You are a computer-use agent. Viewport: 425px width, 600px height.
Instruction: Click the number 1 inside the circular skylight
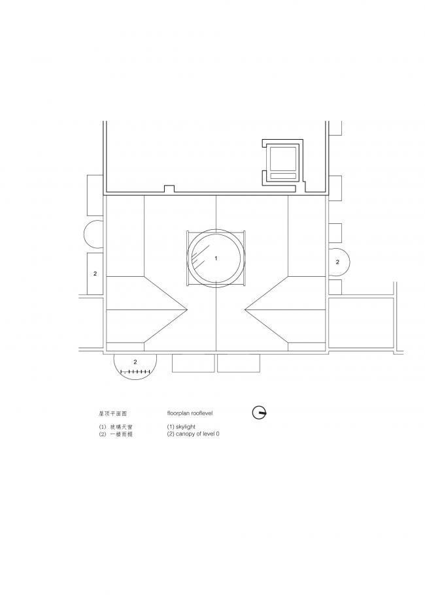[216, 259]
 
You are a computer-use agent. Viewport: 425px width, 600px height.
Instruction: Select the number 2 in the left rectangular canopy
[95, 274]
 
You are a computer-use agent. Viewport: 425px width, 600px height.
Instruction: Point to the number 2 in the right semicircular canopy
[337, 262]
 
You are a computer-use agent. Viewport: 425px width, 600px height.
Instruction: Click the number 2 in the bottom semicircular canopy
[135, 361]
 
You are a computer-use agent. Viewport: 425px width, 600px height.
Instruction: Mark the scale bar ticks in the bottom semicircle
[137, 372]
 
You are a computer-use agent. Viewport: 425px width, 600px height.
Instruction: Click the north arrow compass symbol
[260, 413]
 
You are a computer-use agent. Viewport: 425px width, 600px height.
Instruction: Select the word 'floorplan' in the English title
[180, 413]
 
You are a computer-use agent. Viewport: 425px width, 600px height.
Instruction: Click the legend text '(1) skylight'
[186, 426]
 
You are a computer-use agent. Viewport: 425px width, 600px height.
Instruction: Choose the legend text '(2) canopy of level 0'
[193, 434]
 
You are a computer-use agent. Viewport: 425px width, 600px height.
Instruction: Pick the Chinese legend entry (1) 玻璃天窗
[116, 426]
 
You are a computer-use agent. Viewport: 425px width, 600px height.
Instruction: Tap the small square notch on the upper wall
[169, 189]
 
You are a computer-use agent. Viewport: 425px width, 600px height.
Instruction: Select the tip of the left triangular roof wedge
[188, 308]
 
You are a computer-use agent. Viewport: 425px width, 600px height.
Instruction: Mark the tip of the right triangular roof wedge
[245, 308]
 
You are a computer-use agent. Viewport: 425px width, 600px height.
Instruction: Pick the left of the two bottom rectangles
[193, 363]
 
